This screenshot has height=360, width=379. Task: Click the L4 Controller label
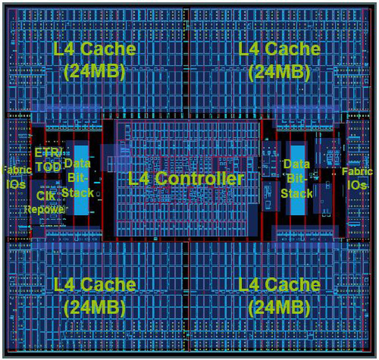pyautogui.click(x=186, y=178)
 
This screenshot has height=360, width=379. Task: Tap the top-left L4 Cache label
pyautogui.click(x=94, y=49)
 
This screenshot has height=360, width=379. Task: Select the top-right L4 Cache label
pyautogui.click(x=279, y=49)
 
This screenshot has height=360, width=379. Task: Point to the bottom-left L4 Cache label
pyautogui.click(x=94, y=285)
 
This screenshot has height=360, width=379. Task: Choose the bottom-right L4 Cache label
pyautogui.click(x=279, y=285)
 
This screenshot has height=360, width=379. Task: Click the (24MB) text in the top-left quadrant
pyautogui.click(x=94, y=72)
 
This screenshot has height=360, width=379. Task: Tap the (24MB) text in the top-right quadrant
pyautogui.click(x=279, y=72)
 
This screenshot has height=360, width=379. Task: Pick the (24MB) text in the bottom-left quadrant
pyautogui.click(x=94, y=308)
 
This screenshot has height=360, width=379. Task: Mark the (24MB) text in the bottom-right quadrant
pyautogui.click(x=279, y=308)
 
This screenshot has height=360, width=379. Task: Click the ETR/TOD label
pyautogui.click(x=48, y=160)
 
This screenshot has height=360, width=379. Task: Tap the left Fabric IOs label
pyautogui.click(x=17, y=177)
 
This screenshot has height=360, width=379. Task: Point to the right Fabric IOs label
pyautogui.click(x=357, y=178)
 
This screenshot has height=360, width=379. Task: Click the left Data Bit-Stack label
pyautogui.click(x=77, y=178)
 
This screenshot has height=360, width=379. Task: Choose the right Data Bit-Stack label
pyautogui.click(x=297, y=179)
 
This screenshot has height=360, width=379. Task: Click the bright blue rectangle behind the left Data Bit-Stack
pyautogui.click(x=81, y=180)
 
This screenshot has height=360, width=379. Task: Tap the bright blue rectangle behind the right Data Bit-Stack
pyautogui.click(x=297, y=180)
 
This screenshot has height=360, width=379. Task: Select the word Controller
pyautogui.click(x=199, y=178)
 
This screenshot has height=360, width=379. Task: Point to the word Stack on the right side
pyautogui.click(x=297, y=193)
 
